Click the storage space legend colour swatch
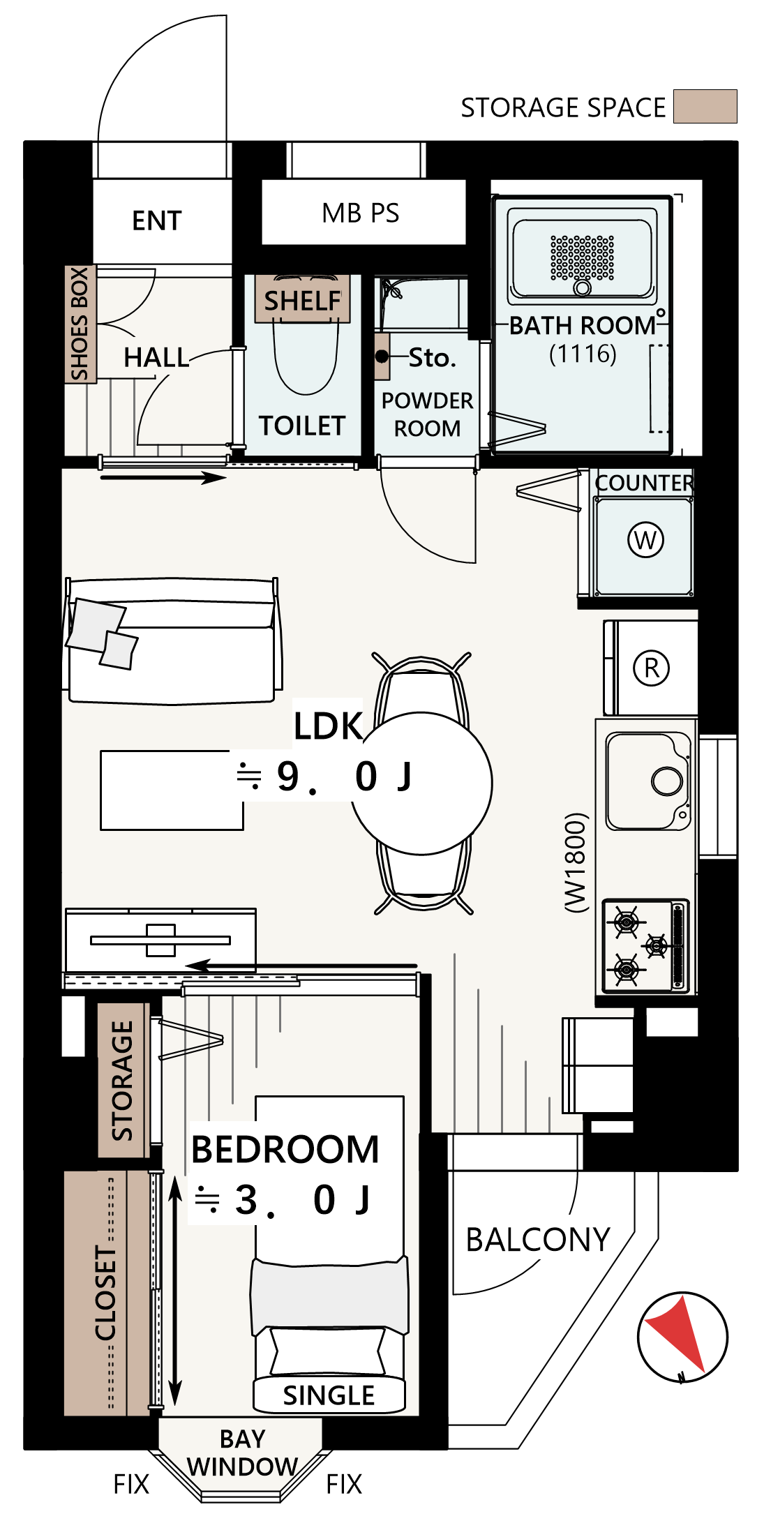(705, 106)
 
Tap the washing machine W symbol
(645, 540)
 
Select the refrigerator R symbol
(651, 668)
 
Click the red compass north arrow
(677, 1333)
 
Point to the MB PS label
(361, 213)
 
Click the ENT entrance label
(157, 220)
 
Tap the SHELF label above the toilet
(302, 301)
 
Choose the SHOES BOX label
(80, 324)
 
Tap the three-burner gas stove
(645, 945)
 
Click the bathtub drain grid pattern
(583, 258)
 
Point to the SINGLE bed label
(329, 1395)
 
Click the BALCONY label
(538, 1240)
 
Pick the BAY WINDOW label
(242, 1453)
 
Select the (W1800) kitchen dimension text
(576, 862)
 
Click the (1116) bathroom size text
(583, 354)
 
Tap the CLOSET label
(106, 1293)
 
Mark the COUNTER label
(644, 483)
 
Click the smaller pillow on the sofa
(119, 650)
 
